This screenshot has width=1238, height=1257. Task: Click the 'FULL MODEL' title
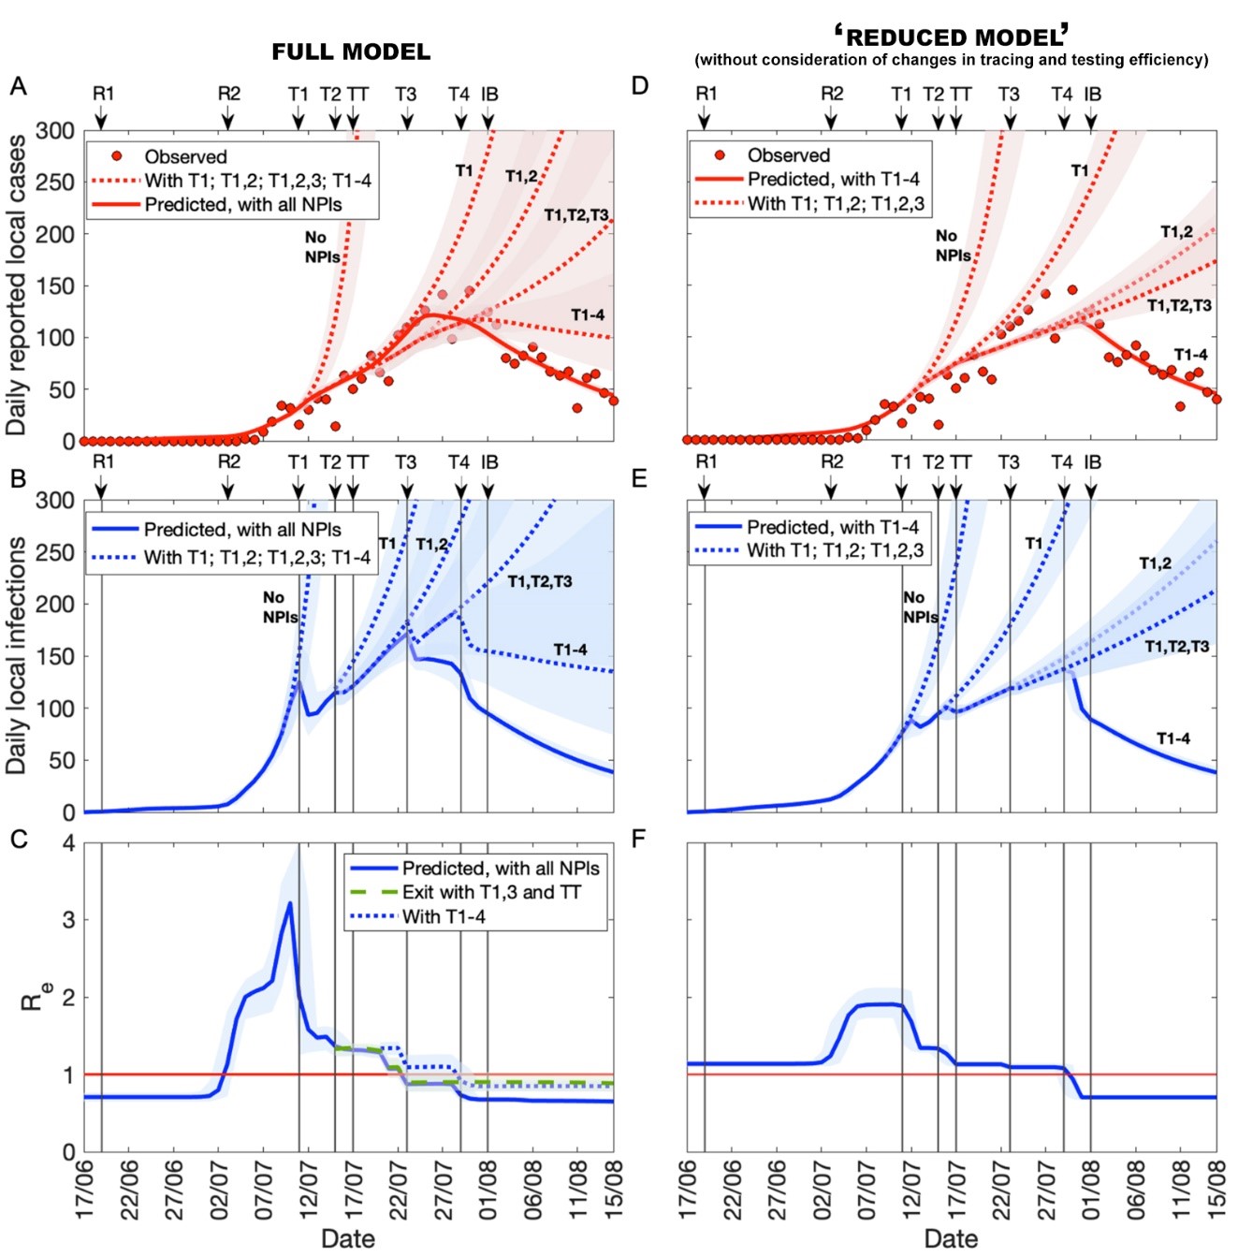pos(351,52)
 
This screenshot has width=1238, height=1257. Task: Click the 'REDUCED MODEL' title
pos(952,37)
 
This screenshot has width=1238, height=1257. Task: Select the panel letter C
pos(18,839)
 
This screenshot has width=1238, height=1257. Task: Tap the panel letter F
pos(640,839)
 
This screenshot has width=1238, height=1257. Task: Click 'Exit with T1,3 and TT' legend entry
pos(491,893)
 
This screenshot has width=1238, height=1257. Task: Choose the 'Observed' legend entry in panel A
pos(185,156)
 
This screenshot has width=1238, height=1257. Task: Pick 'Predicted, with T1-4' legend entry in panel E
pos(832,527)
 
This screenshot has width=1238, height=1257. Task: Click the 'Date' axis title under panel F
pos(951,1238)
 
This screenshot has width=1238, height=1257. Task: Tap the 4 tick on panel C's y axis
pos(68,843)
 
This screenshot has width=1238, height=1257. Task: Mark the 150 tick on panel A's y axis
pos(55,285)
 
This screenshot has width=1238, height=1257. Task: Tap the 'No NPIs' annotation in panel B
pos(279,607)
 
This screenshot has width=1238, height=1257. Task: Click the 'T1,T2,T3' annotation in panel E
pos(1177,647)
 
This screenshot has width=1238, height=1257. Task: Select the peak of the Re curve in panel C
pos(290,903)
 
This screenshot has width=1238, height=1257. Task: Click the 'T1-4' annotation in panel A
pos(588,314)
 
